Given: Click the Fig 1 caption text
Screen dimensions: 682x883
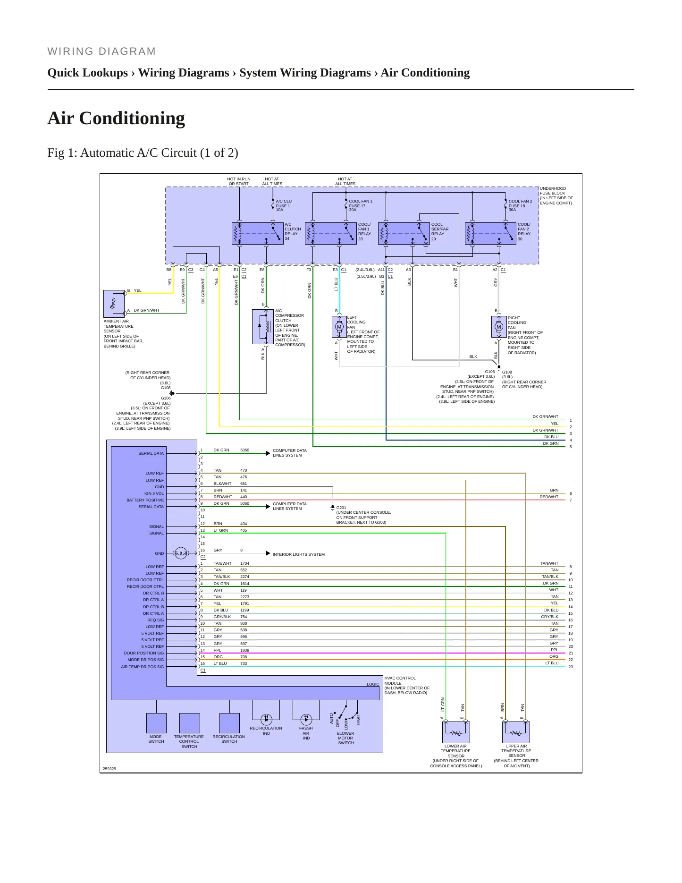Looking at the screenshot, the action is point(143,153).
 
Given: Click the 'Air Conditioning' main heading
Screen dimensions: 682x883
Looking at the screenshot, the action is point(116,118).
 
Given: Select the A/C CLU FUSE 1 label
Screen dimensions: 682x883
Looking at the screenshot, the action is point(284,205).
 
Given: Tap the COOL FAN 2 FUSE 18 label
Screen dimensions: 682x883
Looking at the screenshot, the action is point(520,205).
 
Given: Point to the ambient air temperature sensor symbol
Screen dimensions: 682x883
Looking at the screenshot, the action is point(114,304).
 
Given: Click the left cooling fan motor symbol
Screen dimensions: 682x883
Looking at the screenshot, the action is point(339,327).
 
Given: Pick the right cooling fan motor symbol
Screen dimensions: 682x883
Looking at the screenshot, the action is point(499,327).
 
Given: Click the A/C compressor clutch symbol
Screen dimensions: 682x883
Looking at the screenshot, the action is point(263,326).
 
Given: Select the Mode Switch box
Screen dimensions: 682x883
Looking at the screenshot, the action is point(156,723).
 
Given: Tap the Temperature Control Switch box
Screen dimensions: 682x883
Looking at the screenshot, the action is point(190,723).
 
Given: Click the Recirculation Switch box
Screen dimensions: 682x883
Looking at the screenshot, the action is point(229,723).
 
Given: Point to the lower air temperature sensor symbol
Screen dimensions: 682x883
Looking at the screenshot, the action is point(456,732).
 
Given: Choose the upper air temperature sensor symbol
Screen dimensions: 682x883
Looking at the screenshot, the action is point(516,732).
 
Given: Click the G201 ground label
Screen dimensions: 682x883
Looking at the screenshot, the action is point(341,508).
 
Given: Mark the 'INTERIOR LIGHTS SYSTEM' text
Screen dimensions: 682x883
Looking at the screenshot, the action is point(299,554).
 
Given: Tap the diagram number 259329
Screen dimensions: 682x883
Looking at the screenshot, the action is point(109,769).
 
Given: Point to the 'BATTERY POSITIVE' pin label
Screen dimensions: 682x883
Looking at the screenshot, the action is point(145,500).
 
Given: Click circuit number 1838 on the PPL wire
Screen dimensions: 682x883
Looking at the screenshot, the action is point(244,650).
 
